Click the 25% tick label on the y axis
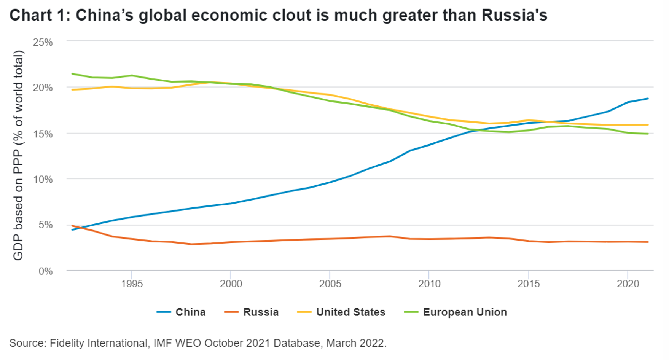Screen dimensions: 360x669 [43, 42]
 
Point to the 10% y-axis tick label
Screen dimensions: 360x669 [43, 179]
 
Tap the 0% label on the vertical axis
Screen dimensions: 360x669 [45, 271]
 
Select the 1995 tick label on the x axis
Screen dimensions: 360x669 [132, 284]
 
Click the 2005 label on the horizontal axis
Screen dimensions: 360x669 [330, 284]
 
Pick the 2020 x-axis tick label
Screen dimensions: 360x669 [628, 284]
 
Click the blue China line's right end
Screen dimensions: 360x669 [648, 99]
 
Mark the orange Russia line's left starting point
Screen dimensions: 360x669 [72, 226]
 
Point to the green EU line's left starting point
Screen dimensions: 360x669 [72, 74]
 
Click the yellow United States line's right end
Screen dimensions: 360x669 [648, 125]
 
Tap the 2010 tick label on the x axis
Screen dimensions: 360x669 [429, 284]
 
